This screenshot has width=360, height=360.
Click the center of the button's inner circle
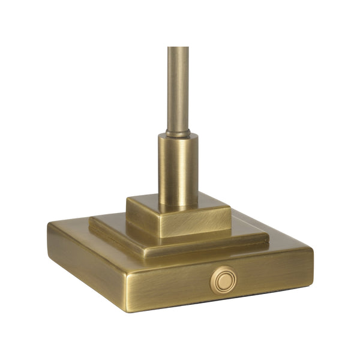(224, 280)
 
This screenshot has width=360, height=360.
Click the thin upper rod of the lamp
(178, 84)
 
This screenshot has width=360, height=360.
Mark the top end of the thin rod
(178, 48)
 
